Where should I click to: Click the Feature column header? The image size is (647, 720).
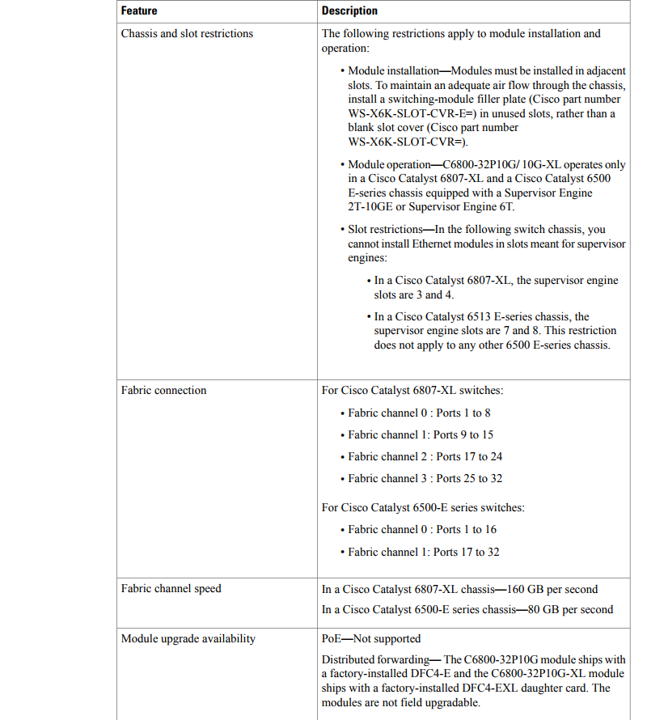(139, 11)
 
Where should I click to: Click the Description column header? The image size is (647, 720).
(349, 11)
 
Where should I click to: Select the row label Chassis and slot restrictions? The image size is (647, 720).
(187, 34)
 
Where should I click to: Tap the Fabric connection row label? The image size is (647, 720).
(163, 391)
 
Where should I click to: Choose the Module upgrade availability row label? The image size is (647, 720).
(188, 639)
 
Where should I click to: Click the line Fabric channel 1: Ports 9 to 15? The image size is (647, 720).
(421, 434)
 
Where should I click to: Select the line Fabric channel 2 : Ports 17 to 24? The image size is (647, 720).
(425, 456)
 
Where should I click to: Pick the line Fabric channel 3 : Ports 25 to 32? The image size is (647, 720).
(425, 478)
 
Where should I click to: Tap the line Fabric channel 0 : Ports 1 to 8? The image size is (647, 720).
(419, 413)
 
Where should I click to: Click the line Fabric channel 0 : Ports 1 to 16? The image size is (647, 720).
(422, 530)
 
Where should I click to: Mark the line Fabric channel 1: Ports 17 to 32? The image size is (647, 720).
(424, 552)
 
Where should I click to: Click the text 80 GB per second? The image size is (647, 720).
(570, 609)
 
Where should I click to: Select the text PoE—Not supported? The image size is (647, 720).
(371, 639)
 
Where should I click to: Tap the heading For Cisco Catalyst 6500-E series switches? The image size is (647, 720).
(423, 508)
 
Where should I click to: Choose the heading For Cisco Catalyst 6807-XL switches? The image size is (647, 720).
(412, 391)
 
